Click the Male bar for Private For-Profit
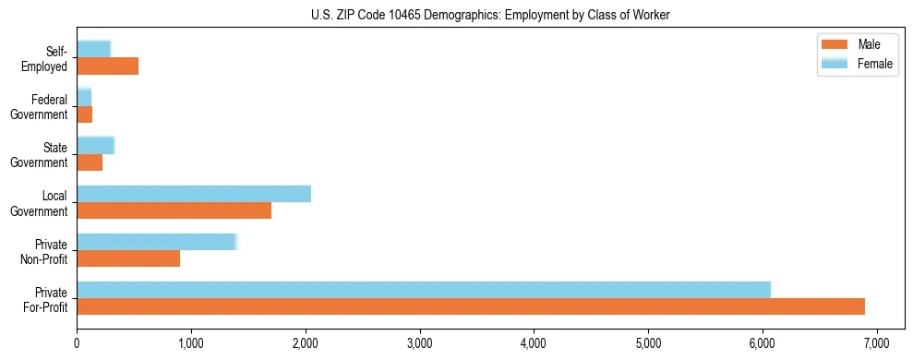point(471,306)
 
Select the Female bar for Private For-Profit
point(424,290)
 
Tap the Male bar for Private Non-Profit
point(128,258)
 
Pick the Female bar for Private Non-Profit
point(157,242)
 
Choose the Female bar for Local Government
point(194,194)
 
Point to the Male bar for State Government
point(90,162)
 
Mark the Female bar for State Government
point(95,146)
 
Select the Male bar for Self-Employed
point(107,66)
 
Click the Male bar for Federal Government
point(85,114)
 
